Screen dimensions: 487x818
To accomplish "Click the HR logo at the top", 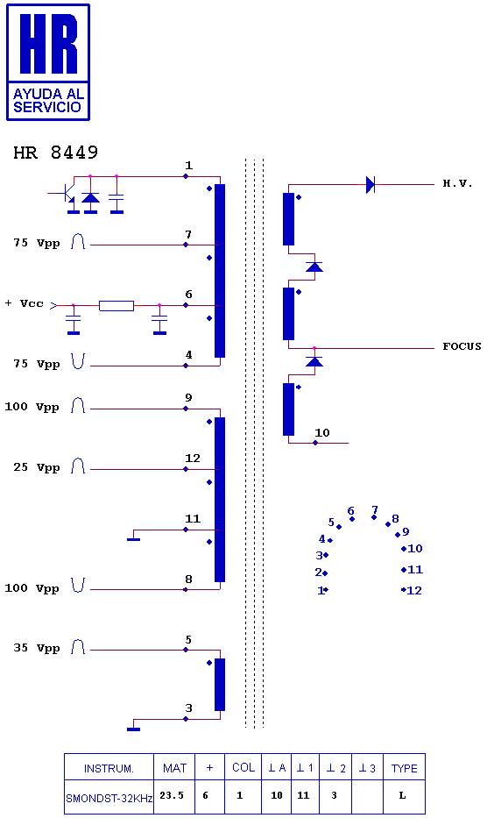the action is click(48, 62).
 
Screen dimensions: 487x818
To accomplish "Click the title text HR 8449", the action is click(56, 153).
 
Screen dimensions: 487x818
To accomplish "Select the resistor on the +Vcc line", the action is click(116, 306).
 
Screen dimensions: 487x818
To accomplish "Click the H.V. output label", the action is click(457, 183).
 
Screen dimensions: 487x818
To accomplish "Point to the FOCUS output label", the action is click(462, 346).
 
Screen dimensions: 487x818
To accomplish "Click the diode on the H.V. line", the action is click(371, 185).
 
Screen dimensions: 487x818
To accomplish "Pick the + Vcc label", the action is click(25, 303).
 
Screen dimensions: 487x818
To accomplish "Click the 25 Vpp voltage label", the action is click(37, 467).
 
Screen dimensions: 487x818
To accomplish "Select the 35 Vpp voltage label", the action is click(37, 648).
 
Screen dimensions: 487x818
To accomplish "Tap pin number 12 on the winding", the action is click(193, 458).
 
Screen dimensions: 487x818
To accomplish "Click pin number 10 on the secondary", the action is click(322, 432).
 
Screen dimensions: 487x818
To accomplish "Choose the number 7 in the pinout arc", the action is click(374, 509).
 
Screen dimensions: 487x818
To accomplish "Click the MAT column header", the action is click(174, 768).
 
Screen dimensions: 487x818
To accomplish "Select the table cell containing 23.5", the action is click(172, 795).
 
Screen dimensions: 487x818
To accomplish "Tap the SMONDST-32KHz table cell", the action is click(109, 798).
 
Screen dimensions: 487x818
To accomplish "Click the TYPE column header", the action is click(404, 768).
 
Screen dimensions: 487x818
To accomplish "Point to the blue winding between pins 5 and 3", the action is click(220, 685).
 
